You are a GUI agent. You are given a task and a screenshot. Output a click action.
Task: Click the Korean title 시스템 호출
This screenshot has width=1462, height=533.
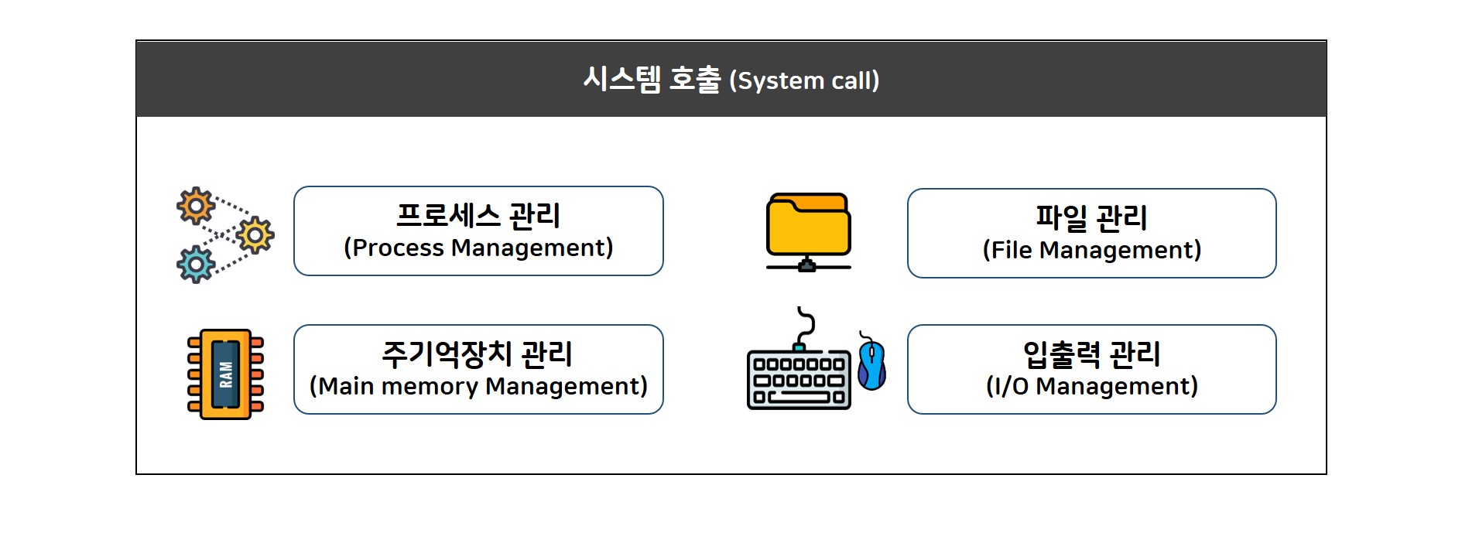(652, 79)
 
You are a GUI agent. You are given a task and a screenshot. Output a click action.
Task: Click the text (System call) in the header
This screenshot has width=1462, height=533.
(804, 80)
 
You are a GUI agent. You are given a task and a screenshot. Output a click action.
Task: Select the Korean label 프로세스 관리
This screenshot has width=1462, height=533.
(478, 215)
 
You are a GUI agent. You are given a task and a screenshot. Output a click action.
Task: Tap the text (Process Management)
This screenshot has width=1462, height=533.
(478, 248)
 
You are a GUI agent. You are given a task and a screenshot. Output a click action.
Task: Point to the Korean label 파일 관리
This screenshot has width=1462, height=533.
(1091, 217)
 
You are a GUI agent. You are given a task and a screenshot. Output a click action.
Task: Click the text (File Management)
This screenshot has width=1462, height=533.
(1091, 250)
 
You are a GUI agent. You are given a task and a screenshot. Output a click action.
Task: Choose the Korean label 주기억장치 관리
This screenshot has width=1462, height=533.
(478, 354)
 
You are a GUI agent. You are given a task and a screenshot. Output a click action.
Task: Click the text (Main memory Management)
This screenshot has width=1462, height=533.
(478, 386)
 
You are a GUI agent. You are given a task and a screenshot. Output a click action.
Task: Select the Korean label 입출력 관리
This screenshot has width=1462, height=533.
(1091, 354)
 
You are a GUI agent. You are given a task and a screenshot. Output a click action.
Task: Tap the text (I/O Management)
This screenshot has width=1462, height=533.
(1091, 386)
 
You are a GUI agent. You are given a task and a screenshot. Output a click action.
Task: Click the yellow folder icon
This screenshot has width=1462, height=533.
(808, 224)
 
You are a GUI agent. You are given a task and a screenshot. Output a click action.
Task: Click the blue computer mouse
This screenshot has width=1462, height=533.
(872, 364)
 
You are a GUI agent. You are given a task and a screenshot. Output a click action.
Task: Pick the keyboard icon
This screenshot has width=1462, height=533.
(799, 380)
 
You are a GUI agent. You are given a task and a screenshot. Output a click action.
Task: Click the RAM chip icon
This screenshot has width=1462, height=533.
(226, 374)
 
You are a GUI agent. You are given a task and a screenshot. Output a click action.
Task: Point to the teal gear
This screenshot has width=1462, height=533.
(196, 265)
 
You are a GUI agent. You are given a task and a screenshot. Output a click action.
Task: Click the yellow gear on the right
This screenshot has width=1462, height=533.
(255, 235)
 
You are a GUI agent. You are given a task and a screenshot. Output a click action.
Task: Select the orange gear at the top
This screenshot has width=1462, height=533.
(196, 206)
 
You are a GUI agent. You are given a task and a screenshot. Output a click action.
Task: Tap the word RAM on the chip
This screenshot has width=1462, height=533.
(226, 374)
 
